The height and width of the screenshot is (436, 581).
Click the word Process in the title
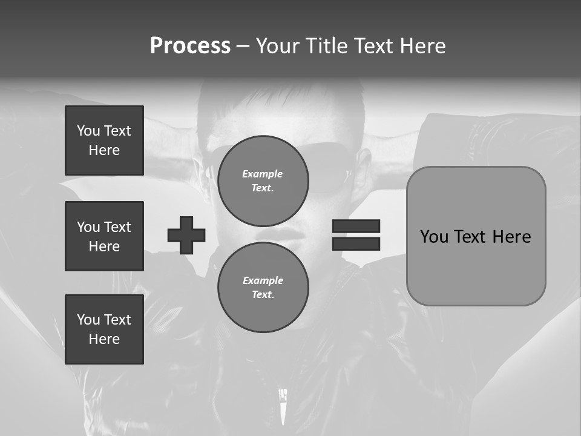(x=190, y=46)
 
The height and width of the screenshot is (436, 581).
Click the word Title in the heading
(x=327, y=46)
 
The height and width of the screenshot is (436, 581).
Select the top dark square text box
(x=104, y=140)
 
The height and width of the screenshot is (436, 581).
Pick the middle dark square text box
(x=104, y=236)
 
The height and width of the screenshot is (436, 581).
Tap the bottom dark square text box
(x=104, y=329)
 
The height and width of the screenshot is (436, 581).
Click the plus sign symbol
(x=186, y=235)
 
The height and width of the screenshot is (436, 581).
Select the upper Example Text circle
(x=263, y=180)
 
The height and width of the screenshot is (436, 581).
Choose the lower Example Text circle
(x=263, y=287)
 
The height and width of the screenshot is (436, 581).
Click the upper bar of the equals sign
(x=356, y=226)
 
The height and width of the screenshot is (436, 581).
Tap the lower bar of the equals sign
(x=356, y=243)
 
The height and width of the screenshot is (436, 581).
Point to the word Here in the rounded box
(x=511, y=237)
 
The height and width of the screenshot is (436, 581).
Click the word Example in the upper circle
(x=263, y=174)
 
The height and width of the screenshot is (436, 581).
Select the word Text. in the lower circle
(x=263, y=294)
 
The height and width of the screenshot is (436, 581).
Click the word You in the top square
(x=88, y=131)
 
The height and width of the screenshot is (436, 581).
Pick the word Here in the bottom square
(x=104, y=339)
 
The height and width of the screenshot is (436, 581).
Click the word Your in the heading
(x=279, y=46)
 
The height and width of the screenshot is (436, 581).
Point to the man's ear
(x=364, y=163)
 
